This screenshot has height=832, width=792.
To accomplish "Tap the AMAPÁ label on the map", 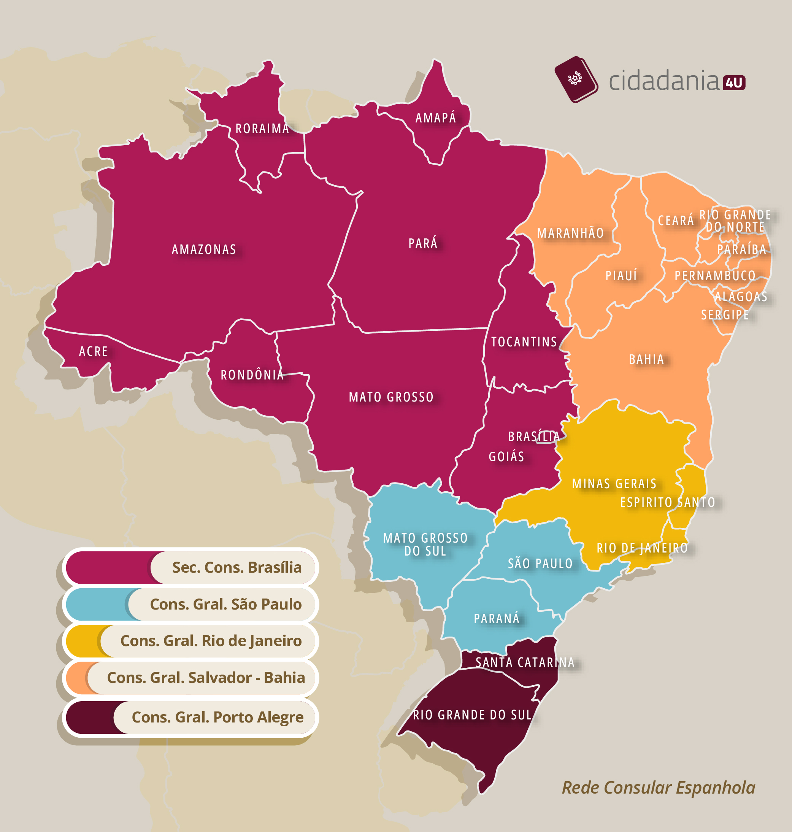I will pos(436,118).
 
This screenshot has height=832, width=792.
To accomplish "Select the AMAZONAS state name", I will pos(204,249).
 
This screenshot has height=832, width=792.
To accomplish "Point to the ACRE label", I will pos(93,351).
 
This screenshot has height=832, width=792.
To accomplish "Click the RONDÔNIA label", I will pos(252,375).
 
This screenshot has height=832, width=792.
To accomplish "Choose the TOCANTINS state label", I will pos(524,341).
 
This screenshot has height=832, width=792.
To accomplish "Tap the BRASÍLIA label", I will pos(533,437).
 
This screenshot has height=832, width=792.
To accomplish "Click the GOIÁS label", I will pos(506,456).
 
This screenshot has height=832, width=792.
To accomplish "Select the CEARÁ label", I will pos(676,220).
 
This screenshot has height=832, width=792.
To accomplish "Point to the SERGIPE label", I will pos(724,315).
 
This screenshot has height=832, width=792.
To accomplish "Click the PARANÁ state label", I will pos(497,618).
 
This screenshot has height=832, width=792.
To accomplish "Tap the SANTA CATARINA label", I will pos(525,662).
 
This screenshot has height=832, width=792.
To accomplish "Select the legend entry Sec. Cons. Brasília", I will pos(236,567).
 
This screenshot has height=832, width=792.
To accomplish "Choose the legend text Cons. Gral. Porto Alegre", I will pos(217,717).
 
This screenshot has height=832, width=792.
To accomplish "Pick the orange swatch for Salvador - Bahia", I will pos(76,678).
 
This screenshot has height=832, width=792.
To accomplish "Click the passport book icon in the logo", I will pos(576,79).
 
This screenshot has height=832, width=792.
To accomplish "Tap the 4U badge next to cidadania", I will pos(734,83).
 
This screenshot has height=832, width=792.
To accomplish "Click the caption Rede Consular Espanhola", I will pos(658,788).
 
